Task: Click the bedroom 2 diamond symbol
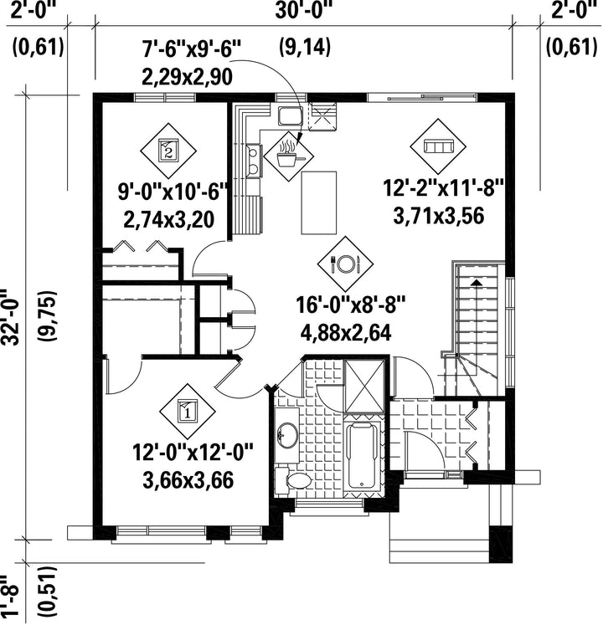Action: pos(168,151)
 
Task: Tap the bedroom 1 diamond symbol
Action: pos(187,412)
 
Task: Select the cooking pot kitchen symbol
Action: pos(289,156)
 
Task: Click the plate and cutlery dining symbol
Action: pos(345,264)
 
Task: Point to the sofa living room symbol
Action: pos(438,146)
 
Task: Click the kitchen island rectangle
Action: pos(319,202)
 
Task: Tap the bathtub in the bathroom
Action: pos(363,455)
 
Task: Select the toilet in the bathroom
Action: pos(294,481)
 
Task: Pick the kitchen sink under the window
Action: pos(291,115)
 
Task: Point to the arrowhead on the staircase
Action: pos(476,282)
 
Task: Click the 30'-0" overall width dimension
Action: pos(304,11)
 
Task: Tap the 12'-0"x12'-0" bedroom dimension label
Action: pos(193,453)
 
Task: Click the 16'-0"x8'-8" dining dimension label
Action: pos(351,306)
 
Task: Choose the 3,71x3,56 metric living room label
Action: pos(439,216)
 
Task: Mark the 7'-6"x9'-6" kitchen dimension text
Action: pos(192,50)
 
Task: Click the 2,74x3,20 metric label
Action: pos(169,219)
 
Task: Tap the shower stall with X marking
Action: pos(364,386)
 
